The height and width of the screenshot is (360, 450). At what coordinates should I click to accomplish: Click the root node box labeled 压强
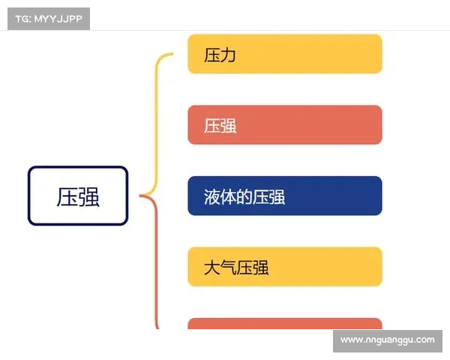(78, 196)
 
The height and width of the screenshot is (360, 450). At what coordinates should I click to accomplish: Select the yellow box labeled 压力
(284, 54)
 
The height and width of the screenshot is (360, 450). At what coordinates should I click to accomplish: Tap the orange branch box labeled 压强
(284, 124)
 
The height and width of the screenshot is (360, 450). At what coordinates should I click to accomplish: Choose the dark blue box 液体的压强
(284, 196)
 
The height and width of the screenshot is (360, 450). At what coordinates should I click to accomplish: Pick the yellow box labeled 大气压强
(284, 266)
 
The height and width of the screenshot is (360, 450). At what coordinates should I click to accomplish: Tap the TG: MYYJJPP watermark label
(48, 18)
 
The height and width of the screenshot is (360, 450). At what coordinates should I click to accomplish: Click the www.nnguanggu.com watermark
(387, 340)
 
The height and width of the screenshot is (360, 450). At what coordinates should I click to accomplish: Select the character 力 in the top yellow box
(228, 55)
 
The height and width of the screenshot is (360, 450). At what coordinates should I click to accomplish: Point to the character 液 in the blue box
(212, 196)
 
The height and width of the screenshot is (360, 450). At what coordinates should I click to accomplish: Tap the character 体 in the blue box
(229, 196)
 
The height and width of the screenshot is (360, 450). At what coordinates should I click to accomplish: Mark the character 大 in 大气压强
(212, 267)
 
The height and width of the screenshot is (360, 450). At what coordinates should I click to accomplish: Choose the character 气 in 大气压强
(229, 267)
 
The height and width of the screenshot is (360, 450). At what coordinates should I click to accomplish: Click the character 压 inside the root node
(67, 196)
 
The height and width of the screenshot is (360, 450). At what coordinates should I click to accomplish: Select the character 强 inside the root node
(88, 196)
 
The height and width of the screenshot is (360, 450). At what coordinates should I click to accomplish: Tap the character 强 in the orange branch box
(228, 125)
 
